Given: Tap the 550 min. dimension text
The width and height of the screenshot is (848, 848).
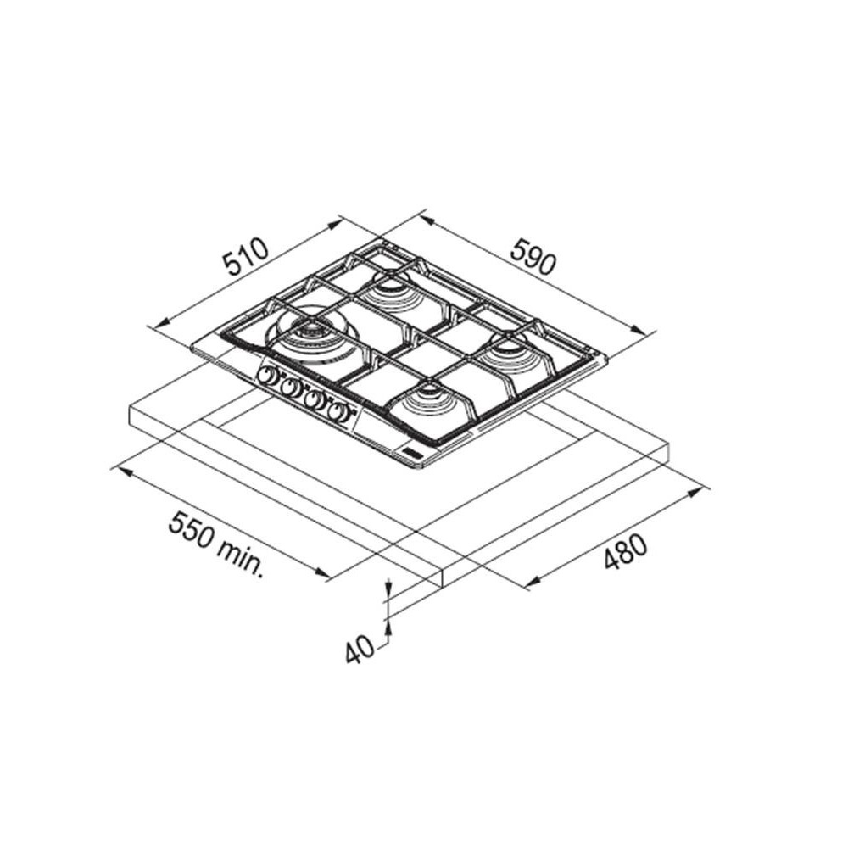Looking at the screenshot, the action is [215, 545].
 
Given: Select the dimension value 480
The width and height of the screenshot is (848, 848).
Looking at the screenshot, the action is [625, 552].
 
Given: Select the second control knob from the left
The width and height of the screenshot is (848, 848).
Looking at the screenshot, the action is [291, 388].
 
